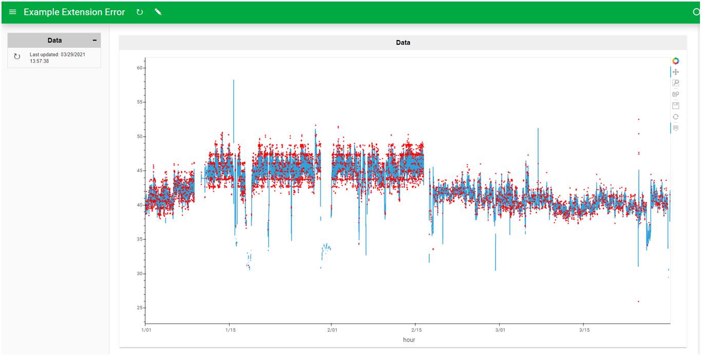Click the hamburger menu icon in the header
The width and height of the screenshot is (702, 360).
coord(13,12)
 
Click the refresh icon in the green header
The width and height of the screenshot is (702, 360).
coord(140,12)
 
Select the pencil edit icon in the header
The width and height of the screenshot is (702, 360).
coord(158,12)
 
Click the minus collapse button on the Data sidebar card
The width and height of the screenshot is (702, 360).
coord(94,40)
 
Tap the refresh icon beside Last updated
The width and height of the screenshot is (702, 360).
coord(17,57)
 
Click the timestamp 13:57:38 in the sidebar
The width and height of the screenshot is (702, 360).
coord(40,61)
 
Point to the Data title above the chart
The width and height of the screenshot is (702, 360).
coord(403,43)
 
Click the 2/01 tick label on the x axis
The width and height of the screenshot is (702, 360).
coord(332,330)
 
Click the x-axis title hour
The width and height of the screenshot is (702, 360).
coord(409,340)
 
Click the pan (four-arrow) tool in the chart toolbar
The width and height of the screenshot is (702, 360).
coord(676,72)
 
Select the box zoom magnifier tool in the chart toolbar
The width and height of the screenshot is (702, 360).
coord(676,83)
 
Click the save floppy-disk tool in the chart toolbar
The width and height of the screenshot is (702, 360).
coord(676,105)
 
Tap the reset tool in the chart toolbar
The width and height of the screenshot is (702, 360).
coord(676,117)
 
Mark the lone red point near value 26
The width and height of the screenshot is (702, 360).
coord(638,301)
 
